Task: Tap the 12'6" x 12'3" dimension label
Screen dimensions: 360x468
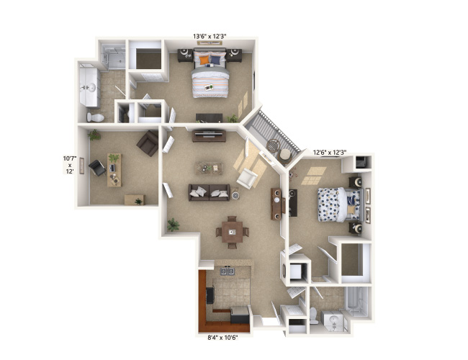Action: tap(330, 152)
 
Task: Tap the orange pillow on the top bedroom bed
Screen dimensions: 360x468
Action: tap(205, 59)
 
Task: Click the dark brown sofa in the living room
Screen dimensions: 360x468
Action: tap(209, 192)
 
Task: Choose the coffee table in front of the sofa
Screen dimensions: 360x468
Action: tap(209, 168)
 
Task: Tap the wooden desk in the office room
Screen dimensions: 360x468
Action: tap(114, 170)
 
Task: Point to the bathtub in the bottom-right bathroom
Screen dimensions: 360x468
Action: tap(358, 302)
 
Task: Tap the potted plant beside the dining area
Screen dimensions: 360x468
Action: tap(173, 225)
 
